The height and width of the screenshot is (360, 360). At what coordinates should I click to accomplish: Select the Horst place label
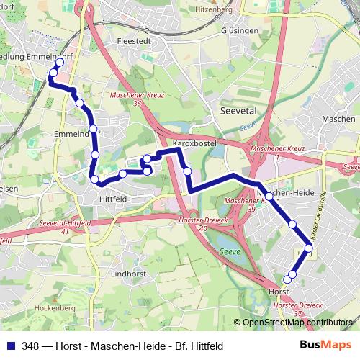pyautogui.click(x=277, y=292)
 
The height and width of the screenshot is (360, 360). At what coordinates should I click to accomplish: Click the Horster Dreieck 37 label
pyautogui.click(x=297, y=309)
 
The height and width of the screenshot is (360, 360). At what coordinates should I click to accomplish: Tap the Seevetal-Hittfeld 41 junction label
pyautogui.click(x=65, y=227)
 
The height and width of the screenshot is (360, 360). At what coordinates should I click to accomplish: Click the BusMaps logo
pyautogui.click(x=323, y=345)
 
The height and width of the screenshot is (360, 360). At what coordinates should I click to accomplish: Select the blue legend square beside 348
pyautogui.click(x=11, y=346)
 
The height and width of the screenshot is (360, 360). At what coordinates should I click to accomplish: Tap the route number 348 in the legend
pyautogui.click(x=30, y=346)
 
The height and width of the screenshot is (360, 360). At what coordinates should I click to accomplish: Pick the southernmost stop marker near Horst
pyautogui.click(x=287, y=279)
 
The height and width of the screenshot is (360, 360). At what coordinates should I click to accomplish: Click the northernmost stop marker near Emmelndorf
pyautogui.click(x=59, y=63)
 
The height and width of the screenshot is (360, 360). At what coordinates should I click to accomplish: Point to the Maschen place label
pyautogui.click(x=338, y=119)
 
